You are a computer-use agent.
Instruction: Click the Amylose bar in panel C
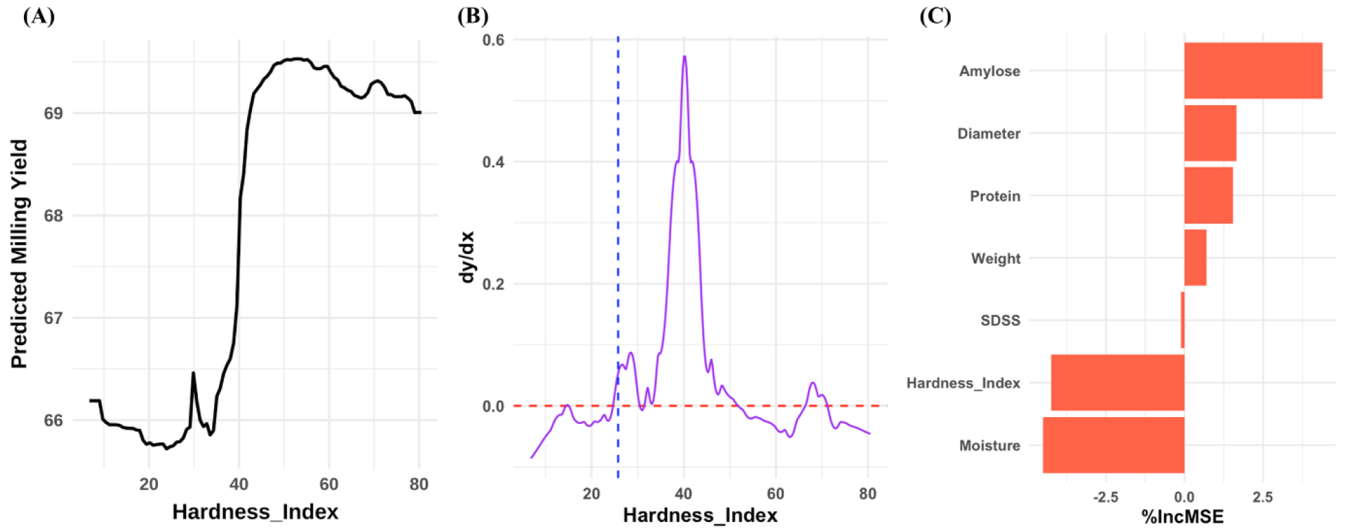pos(1253,71)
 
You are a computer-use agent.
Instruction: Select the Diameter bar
pos(1209,133)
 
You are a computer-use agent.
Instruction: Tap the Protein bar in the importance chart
pos(1208,196)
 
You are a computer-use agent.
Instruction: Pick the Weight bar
pos(1195,258)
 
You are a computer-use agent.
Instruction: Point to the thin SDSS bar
pos(1182,320)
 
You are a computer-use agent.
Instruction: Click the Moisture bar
pos(1113,445)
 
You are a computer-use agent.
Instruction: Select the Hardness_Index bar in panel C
pos(1117,383)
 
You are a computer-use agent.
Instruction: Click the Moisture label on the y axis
pos(989,446)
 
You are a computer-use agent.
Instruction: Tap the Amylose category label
pos(989,71)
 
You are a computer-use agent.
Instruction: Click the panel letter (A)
pos(38,16)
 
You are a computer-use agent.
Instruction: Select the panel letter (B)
pos(472,16)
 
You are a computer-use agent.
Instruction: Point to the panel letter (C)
pos(935,16)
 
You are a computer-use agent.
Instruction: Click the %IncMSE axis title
pos(1182,517)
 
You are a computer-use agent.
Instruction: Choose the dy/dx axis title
pos(467,257)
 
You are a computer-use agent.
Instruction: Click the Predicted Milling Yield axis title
pos(19,254)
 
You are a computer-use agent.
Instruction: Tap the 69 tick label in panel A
pos(54,113)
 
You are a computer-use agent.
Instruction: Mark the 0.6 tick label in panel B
pos(493,40)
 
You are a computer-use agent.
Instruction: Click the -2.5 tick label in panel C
pos(1105,497)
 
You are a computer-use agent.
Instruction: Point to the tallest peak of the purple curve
pos(684,58)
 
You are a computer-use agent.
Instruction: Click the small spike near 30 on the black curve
pos(193,374)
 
